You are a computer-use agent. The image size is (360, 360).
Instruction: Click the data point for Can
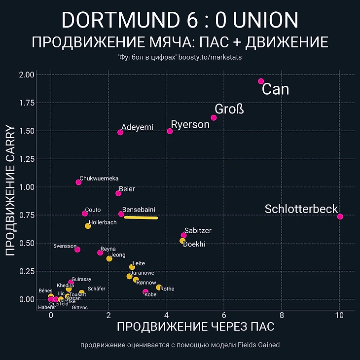pos(261,81)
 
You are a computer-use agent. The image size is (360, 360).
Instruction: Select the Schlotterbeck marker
pos(340,216)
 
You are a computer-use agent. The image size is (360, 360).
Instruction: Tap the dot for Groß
pos(214,118)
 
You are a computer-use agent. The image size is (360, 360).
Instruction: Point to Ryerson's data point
pos(170,131)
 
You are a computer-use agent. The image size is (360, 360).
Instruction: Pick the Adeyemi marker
pos(120,132)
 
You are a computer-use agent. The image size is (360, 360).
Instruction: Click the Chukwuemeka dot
pos(78,182)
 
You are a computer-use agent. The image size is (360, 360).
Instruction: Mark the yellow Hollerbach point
pos(88,226)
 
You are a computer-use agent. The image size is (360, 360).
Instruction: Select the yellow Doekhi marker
pos(182,241)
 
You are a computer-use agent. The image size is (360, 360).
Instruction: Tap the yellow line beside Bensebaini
pos(141,217)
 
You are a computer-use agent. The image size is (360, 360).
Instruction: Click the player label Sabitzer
pos(198,231)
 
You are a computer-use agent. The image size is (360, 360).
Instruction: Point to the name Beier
pos(127,189)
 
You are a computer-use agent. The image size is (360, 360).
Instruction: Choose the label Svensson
pos(65,246)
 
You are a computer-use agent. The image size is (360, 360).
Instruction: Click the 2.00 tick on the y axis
pos(28,75)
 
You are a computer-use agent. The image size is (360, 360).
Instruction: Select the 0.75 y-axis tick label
pos(28,215)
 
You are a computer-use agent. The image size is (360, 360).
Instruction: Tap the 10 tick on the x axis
pos(339,316)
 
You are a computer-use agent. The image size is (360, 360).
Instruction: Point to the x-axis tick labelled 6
pos(224,316)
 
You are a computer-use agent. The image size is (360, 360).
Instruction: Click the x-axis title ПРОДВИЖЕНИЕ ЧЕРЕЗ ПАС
pos(195,326)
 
